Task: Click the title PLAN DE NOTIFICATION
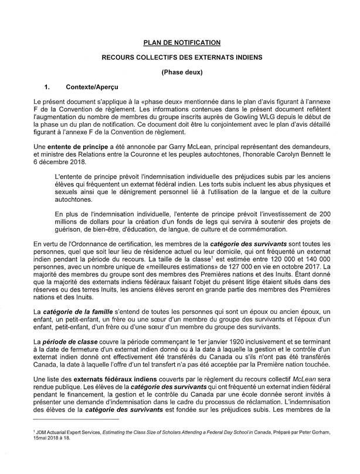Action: pyautogui.click(x=182, y=42)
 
